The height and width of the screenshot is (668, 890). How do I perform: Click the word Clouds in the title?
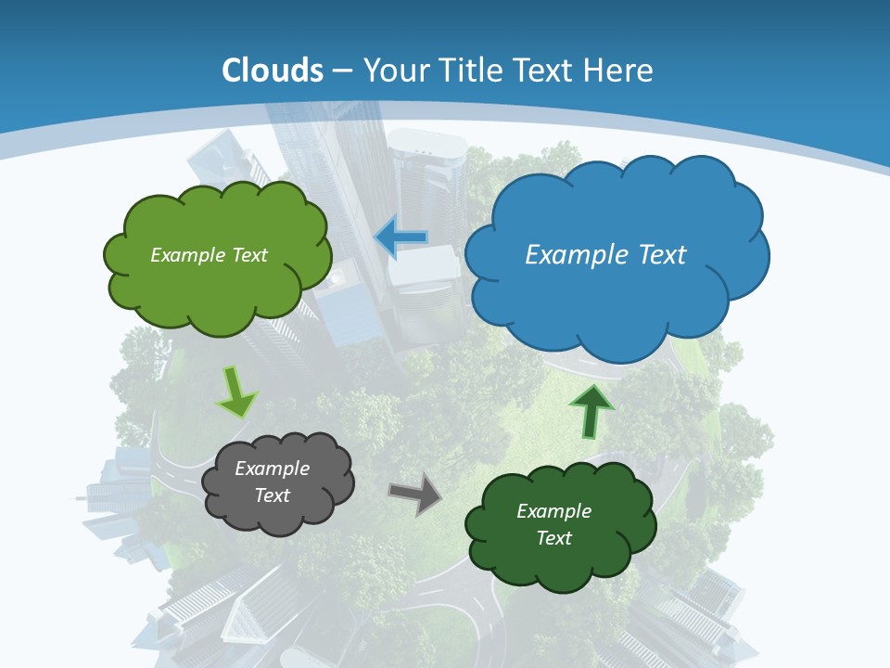(273, 71)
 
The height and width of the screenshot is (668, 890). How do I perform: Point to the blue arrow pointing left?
(400, 238)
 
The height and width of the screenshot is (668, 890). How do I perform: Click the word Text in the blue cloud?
(662, 255)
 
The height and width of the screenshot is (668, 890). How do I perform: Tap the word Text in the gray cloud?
(273, 495)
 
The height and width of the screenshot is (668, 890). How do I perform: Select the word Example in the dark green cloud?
(553, 511)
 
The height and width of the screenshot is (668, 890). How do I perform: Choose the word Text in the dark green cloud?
(553, 538)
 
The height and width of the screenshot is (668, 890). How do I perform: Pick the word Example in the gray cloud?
(273, 469)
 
